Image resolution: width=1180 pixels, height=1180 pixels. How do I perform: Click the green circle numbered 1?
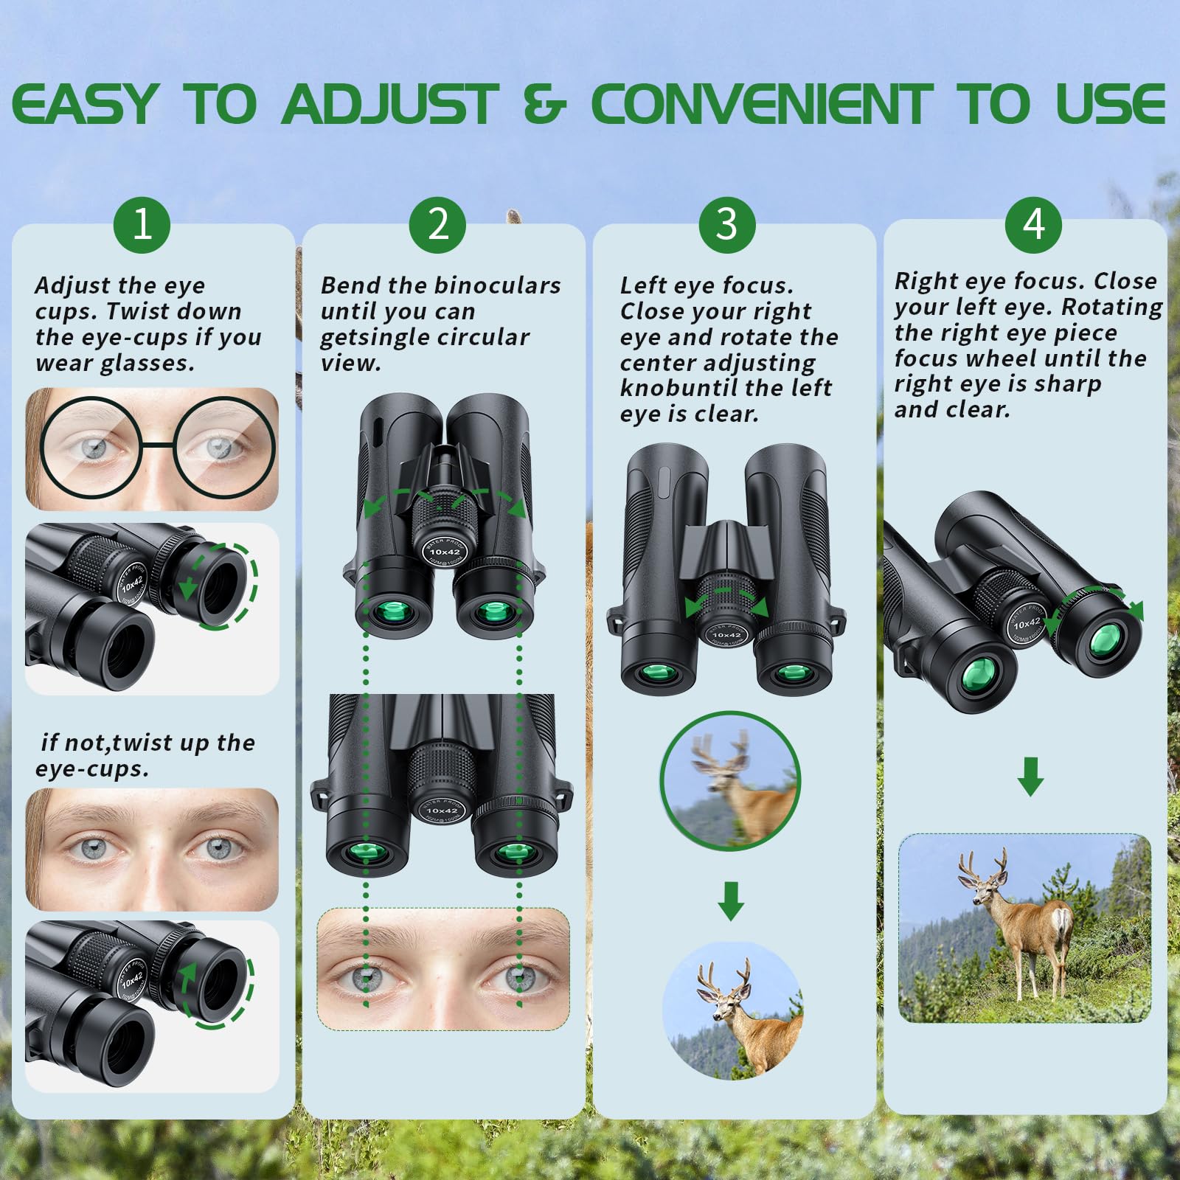[x=142, y=224]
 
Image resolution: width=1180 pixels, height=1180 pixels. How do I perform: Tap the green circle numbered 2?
[x=438, y=224]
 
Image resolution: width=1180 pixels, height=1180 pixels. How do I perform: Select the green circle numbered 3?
[x=727, y=224]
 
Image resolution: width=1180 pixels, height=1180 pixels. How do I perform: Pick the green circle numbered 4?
[x=1033, y=224]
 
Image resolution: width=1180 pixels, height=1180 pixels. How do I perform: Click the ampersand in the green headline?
[x=544, y=105]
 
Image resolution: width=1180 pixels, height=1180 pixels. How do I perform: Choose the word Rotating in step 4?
[x=1112, y=307]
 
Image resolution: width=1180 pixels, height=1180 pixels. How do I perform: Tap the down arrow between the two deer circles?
[x=731, y=900]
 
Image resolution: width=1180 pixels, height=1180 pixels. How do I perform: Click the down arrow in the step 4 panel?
[x=1030, y=776]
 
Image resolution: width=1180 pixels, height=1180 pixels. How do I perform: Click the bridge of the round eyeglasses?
[x=157, y=445]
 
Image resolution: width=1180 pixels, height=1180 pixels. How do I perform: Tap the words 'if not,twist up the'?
[x=148, y=743]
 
